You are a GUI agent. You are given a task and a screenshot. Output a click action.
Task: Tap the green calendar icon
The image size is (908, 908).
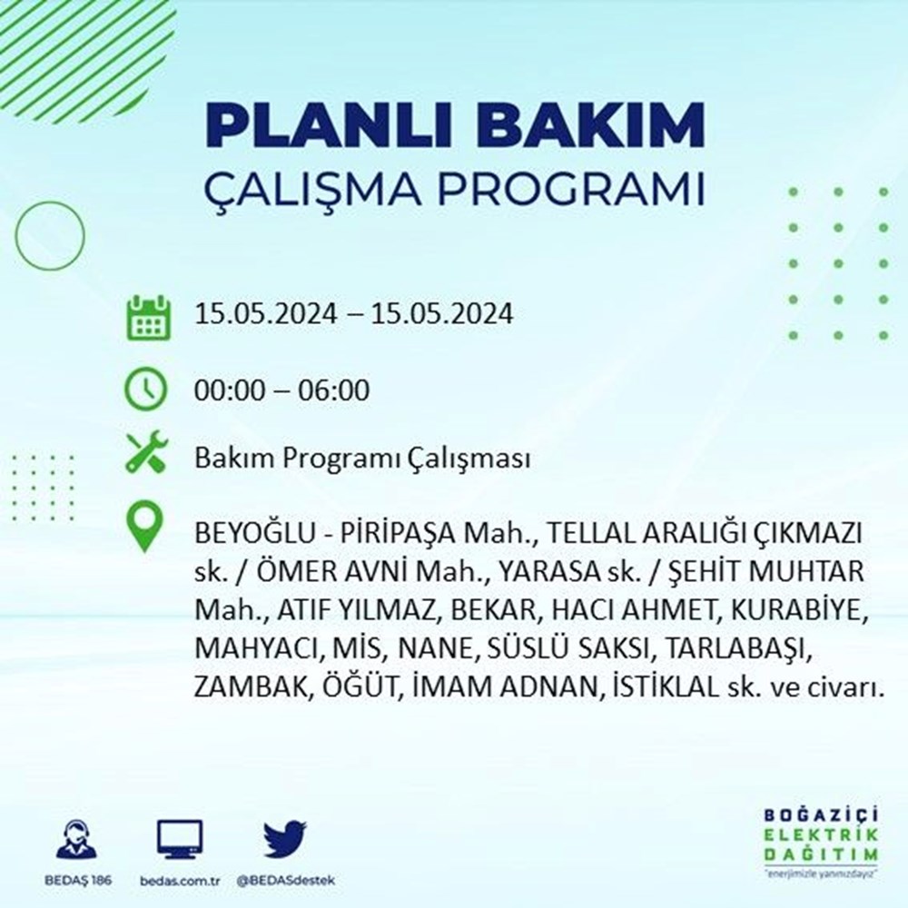tap(148, 317)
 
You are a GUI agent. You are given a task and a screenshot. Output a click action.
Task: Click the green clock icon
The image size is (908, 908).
tap(146, 390)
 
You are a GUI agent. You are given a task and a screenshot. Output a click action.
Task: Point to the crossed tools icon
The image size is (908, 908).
tap(147, 451)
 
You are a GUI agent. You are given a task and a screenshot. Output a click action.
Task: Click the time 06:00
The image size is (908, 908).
tap(333, 390)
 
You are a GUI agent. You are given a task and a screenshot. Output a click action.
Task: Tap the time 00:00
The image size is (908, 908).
tap(230, 390)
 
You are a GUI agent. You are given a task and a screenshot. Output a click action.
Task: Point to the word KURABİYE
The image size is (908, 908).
tap(799, 610)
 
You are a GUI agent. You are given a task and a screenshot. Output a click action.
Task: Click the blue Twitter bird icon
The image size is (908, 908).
tap(285, 838)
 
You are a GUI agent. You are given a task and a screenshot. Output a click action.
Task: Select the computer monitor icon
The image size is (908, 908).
tap(180, 839)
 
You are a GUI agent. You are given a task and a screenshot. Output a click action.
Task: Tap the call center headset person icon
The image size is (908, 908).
tap(77, 838)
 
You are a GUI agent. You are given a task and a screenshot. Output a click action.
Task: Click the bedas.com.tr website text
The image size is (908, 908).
tap(180, 881)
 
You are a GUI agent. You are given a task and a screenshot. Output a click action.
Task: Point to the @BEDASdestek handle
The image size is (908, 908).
tap(285, 881)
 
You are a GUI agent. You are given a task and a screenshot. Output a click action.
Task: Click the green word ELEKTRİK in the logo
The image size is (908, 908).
tap(821, 834)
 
